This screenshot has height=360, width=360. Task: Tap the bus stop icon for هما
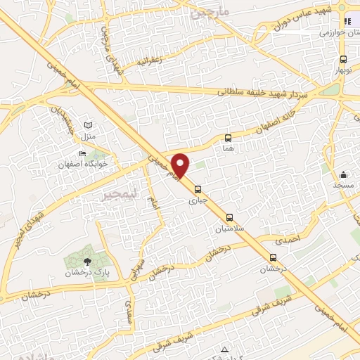click(x=228, y=138)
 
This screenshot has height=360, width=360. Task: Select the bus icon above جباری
click(x=198, y=188)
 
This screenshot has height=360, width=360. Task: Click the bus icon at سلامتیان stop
click(x=229, y=216)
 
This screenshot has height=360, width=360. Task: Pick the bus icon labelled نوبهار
click(x=342, y=60)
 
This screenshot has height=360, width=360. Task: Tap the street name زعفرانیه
click(x=150, y=60)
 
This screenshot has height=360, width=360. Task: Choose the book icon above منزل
click(x=87, y=124)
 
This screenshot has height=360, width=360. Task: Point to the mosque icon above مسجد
click(x=344, y=174)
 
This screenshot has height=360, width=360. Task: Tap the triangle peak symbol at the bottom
click(x=224, y=349)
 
